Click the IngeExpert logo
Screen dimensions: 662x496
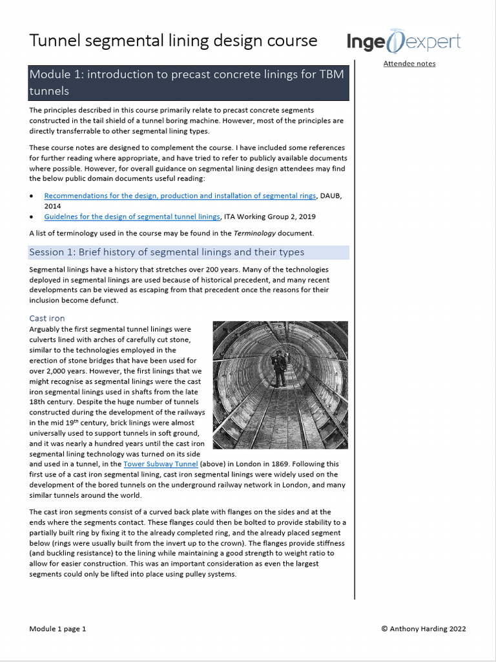404,43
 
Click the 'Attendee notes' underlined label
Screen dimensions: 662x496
409,63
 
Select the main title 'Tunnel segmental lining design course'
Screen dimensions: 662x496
173,41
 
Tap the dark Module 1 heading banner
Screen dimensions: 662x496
189,83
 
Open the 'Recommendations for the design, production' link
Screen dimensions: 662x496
180,196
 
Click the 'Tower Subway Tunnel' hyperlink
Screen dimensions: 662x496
166,464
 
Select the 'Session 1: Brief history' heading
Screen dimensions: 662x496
167,251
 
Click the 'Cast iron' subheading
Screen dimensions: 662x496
47,318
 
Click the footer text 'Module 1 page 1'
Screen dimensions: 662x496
57,628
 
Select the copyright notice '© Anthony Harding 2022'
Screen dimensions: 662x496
423,628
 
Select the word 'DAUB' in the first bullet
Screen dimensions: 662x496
331,196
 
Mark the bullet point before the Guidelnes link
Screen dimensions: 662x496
32,217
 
